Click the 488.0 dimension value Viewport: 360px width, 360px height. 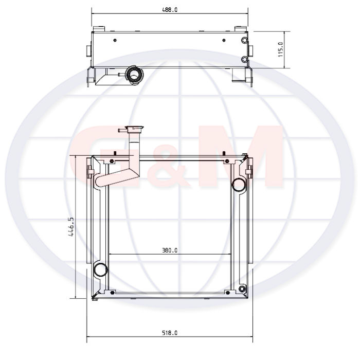click(x=170, y=10)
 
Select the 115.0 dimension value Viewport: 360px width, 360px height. click(x=281, y=49)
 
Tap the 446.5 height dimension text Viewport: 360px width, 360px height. click(x=71, y=227)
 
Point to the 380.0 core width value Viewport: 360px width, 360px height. click(x=170, y=250)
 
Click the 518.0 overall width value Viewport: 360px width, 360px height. click(x=170, y=333)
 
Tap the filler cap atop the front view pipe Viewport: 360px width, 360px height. click(x=134, y=128)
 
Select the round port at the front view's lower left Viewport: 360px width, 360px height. click(x=101, y=269)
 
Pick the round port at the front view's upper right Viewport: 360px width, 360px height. click(x=239, y=185)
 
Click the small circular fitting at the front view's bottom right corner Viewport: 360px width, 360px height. click(x=242, y=289)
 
